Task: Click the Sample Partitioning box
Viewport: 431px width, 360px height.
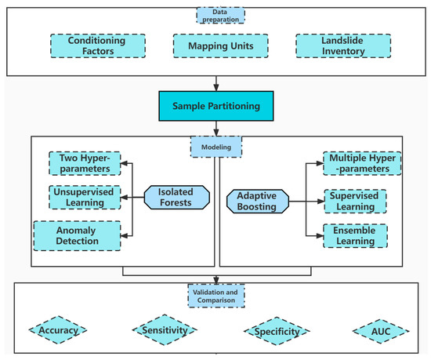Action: [x=215, y=105]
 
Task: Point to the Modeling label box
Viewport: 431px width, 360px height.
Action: [x=215, y=145]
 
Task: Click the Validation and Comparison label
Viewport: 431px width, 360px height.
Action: [x=215, y=296]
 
